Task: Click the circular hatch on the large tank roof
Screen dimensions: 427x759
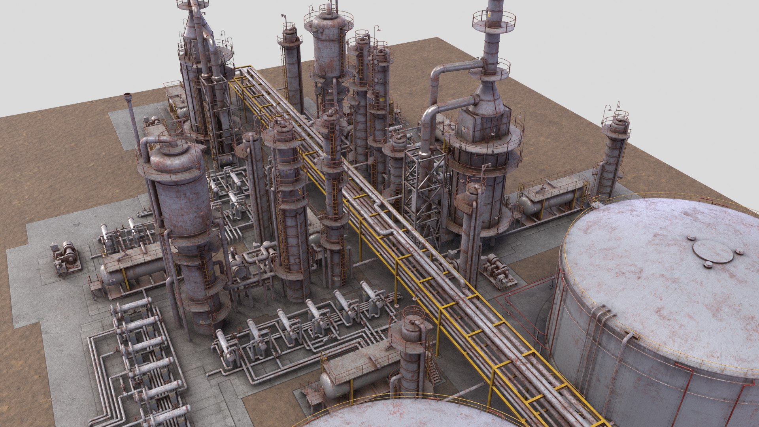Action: tap(713, 251)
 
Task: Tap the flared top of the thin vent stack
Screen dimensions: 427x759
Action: tap(128, 96)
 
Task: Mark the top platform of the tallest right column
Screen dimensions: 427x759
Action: tap(494, 20)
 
